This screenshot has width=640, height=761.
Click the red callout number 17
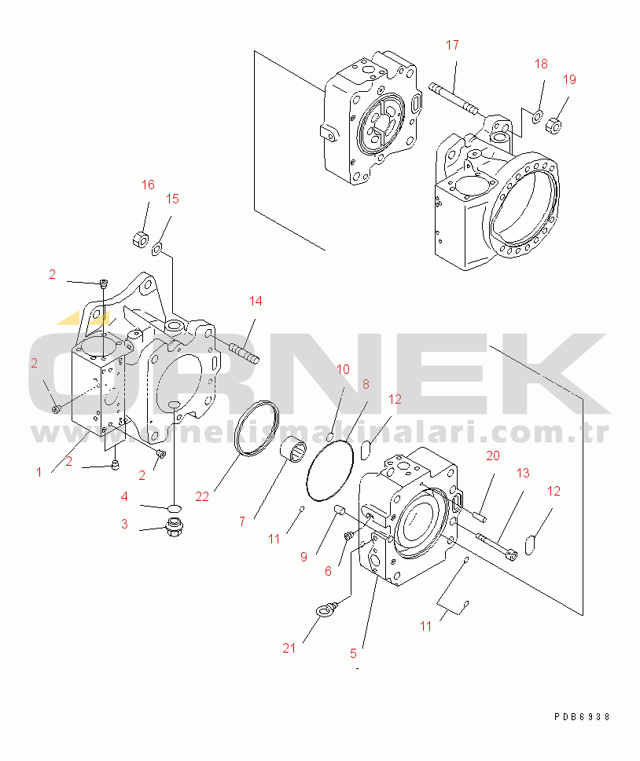[452, 45]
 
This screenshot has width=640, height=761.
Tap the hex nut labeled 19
[554, 126]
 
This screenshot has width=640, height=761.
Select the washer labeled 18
[538, 116]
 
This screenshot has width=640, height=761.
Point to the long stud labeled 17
[454, 100]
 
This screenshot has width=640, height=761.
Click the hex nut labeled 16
[141, 240]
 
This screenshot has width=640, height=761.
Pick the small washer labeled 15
[156, 250]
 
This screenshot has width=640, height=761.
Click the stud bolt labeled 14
[244, 353]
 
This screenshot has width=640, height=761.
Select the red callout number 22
[201, 496]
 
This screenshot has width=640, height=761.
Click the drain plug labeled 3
[174, 527]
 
